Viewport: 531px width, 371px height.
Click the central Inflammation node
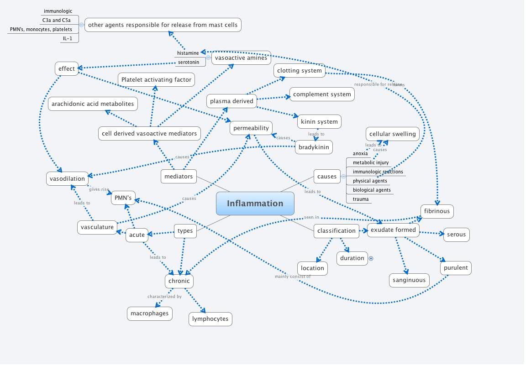[255, 204]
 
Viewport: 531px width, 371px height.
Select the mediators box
[179, 176]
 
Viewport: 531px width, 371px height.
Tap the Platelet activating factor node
[156, 79]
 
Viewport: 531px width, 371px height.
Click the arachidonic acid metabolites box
[93, 104]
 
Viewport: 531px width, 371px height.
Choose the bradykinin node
[313, 147]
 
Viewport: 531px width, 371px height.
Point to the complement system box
[322, 94]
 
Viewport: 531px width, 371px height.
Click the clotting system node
[300, 70]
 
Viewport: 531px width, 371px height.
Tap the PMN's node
[123, 198]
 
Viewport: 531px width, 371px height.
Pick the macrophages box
[149, 314]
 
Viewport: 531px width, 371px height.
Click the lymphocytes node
[210, 319]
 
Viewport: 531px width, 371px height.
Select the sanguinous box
[409, 280]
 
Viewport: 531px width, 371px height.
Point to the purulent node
[456, 267]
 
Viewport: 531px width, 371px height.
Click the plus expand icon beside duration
[371, 258]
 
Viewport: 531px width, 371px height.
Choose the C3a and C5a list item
[57, 20]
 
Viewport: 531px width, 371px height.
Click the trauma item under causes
[361, 199]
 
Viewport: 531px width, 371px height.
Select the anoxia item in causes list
[360, 153]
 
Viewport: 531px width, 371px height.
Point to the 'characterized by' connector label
[164, 297]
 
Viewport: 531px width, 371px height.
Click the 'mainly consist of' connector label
[292, 277]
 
